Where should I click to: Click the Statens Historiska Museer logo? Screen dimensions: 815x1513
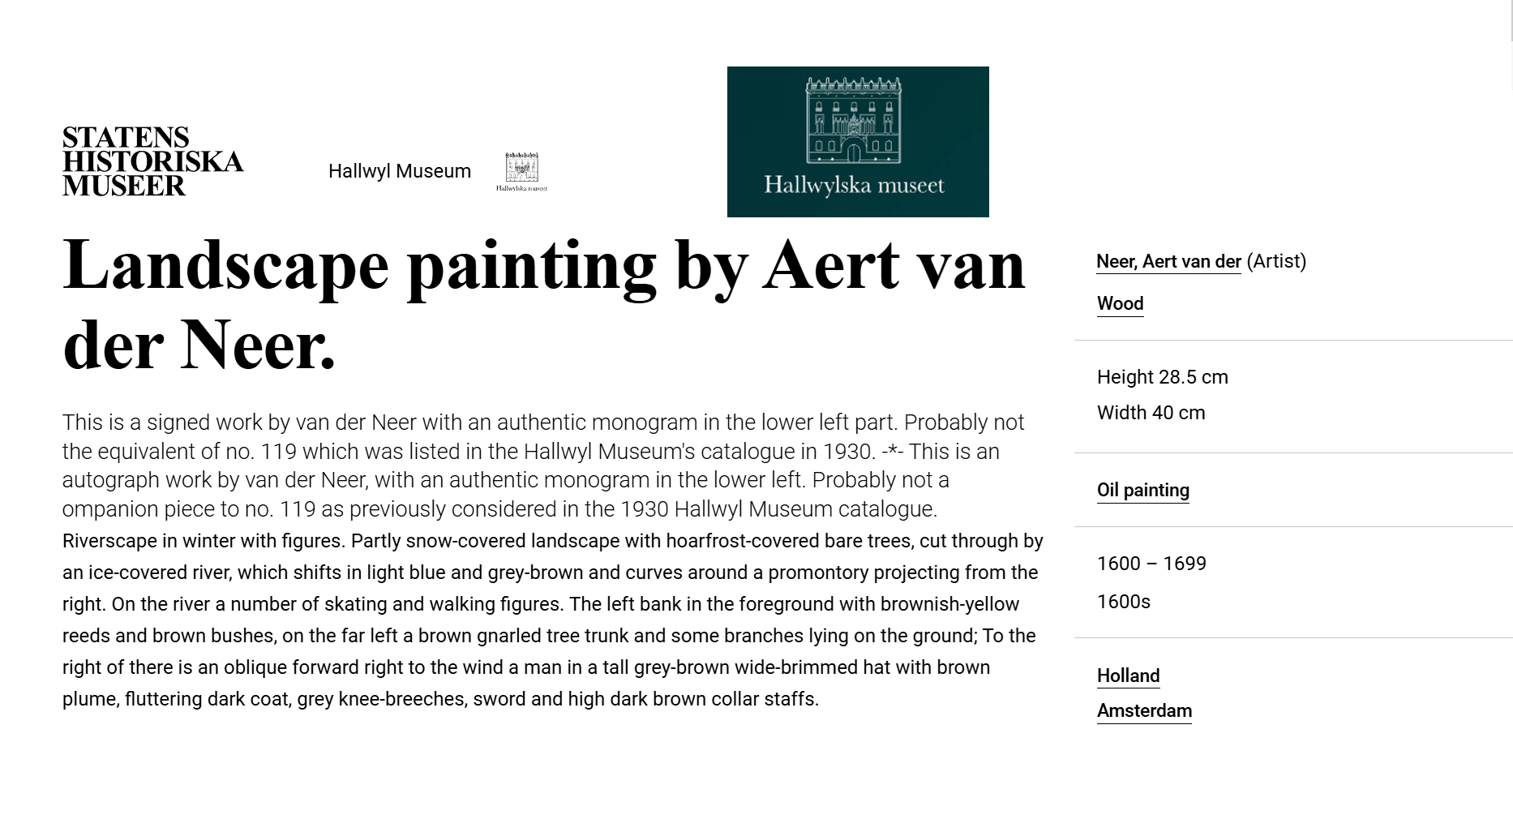click(152, 161)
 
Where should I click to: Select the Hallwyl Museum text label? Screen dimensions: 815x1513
click(399, 171)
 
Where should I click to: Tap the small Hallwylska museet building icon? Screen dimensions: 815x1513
click(521, 171)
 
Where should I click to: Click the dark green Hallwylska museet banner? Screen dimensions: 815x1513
click(857, 142)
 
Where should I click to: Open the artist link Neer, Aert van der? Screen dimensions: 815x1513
click(1168, 262)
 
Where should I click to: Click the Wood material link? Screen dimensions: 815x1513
click(1120, 304)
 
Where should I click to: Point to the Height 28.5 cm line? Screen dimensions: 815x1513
click(1162, 377)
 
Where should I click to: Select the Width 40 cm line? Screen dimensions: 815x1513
click(1151, 413)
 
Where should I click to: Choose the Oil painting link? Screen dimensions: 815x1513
click(1142, 491)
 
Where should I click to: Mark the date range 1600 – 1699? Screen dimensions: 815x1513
click(1151, 564)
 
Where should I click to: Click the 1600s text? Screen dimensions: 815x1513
click(1123, 602)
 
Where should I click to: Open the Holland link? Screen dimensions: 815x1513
click(1128, 676)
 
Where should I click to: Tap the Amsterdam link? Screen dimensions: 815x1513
click(1144, 711)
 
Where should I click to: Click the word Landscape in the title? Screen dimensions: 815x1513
click(225, 265)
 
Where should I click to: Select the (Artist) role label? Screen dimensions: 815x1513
click(1276, 261)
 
